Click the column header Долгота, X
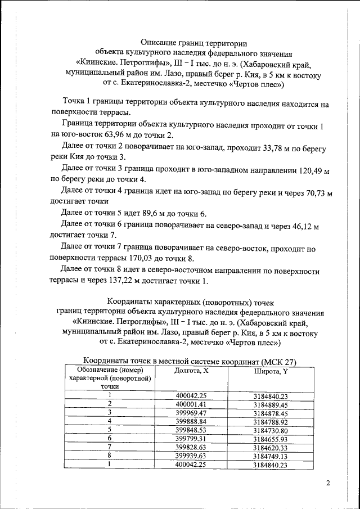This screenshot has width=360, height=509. tap(191, 371)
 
